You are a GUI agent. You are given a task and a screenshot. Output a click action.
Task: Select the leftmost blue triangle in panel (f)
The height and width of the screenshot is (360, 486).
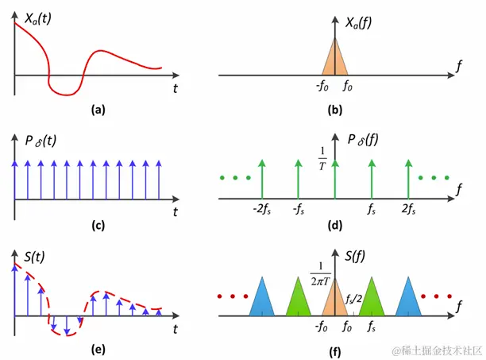pos(260,300)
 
